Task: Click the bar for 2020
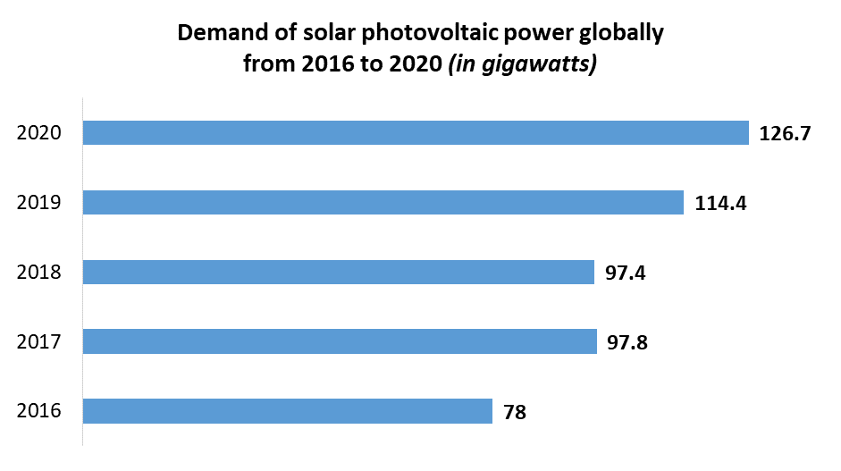tap(416, 132)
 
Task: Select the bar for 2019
tap(383, 202)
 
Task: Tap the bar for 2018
tap(338, 272)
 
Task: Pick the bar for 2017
tap(340, 341)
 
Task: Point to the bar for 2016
tap(287, 411)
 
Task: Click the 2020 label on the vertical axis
tap(39, 133)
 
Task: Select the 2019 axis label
tap(39, 203)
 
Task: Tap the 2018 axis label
tap(39, 273)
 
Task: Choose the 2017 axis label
tap(39, 342)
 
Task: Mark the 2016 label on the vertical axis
tap(39, 412)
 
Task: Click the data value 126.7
tap(784, 134)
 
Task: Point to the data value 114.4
tap(719, 204)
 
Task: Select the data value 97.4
tap(625, 273)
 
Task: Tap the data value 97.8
tap(627, 342)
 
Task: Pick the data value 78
tap(515, 412)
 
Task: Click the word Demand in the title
tap(217, 34)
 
